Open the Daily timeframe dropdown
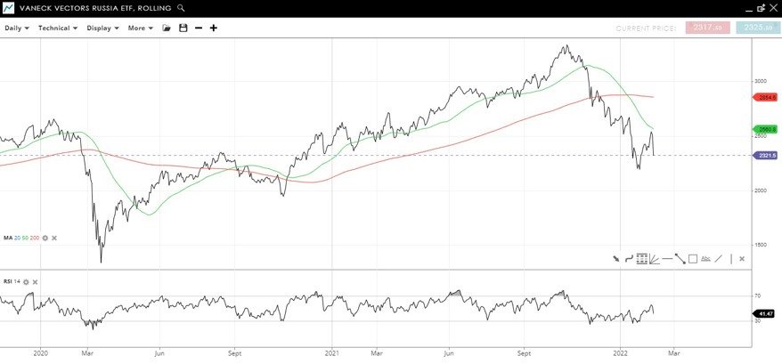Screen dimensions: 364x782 [x=16, y=28]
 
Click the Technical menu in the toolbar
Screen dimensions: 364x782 [x=57, y=28]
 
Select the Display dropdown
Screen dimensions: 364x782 [x=102, y=28]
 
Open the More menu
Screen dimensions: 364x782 [x=140, y=28]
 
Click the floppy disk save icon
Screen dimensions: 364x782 [x=183, y=28]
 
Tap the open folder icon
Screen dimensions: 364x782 [x=167, y=28]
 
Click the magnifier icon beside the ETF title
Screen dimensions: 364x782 [x=181, y=8]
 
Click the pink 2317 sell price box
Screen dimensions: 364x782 [x=707, y=28]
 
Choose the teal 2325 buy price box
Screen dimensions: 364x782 [x=757, y=28]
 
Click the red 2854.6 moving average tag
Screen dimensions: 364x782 [x=766, y=97]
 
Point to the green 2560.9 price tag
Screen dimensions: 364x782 [x=766, y=129]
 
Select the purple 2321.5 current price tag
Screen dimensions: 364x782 [x=766, y=156]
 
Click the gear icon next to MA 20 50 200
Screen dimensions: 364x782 [x=45, y=238]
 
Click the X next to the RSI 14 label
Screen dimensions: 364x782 [x=36, y=282]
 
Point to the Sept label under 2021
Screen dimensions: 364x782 [x=524, y=353]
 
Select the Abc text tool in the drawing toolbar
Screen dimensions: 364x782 [x=705, y=259]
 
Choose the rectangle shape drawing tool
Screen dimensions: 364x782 [x=693, y=259]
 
